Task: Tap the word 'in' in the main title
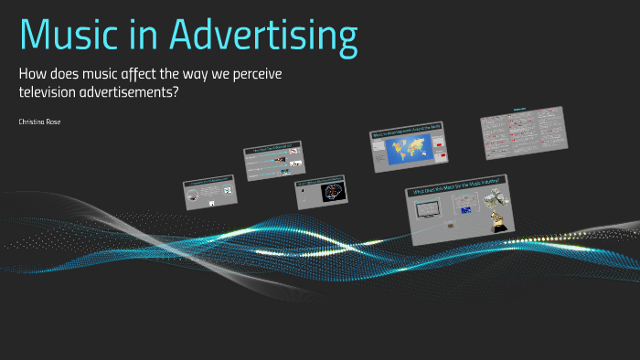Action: pos(144,36)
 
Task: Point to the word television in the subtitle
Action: pos(54,91)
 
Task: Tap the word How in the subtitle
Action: pos(34,74)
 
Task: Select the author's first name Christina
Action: pos(32,121)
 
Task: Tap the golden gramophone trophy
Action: pos(499,219)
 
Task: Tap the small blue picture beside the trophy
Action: pos(465,211)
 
